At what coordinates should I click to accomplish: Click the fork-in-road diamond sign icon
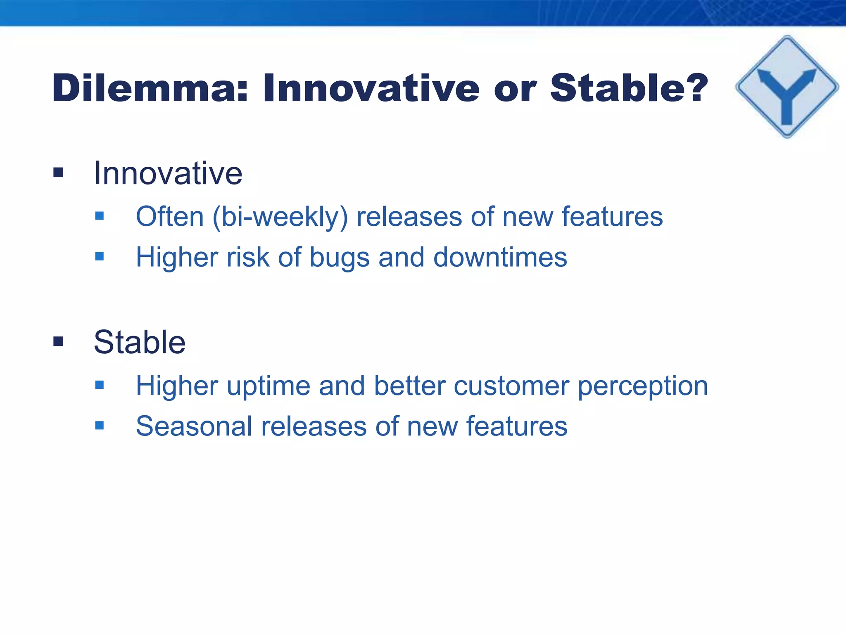tap(787, 87)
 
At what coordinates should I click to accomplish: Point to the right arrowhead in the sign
tap(810, 76)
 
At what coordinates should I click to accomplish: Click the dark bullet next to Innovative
tap(58, 173)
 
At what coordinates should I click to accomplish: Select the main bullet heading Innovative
tap(168, 173)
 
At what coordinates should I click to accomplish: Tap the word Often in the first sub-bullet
tap(170, 217)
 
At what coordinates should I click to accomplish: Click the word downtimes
tap(500, 258)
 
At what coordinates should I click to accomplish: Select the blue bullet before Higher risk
tap(99, 257)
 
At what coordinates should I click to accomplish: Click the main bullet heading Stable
tap(139, 343)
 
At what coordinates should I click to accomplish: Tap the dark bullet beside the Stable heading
tap(58, 342)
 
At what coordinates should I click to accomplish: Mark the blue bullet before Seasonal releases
tap(99, 426)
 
